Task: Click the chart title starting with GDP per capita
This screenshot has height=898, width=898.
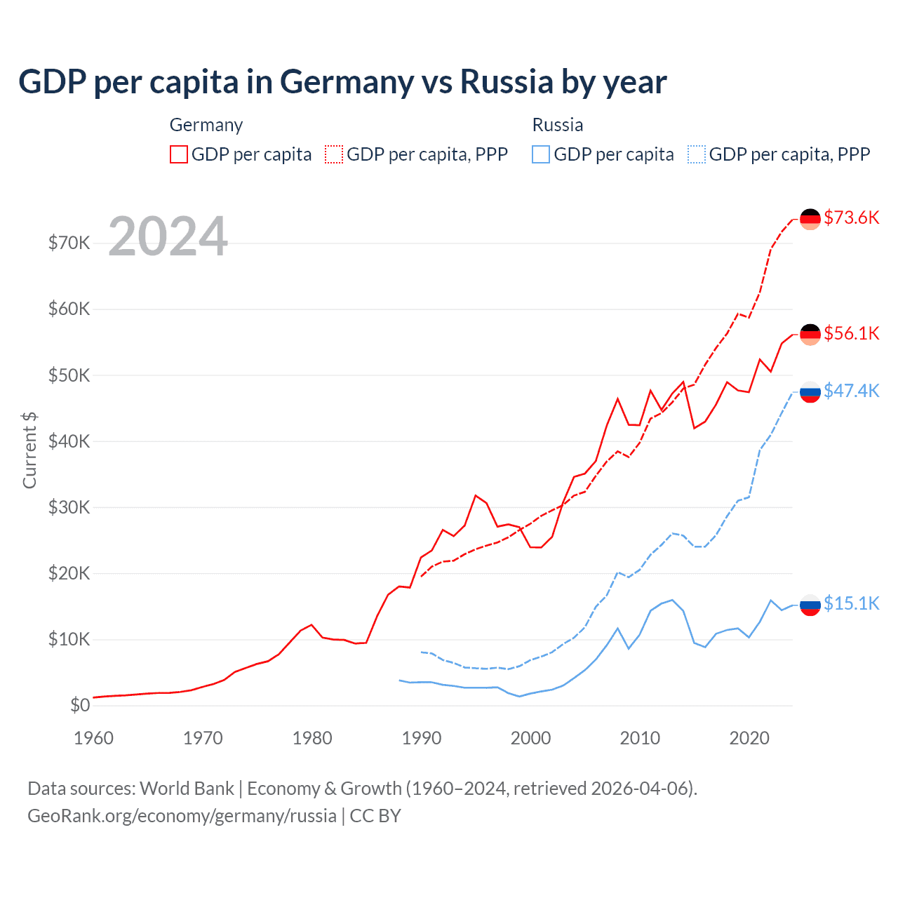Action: pos(342,82)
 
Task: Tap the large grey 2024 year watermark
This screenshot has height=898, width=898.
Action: pos(168,236)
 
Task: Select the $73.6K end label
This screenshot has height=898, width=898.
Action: pos(851,217)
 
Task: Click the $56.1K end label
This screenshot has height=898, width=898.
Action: pos(851,333)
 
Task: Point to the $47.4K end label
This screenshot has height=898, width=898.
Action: pos(851,391)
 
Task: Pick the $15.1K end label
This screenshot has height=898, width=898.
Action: pos(851,603)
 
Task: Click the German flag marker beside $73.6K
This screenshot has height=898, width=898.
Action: pos(810,219)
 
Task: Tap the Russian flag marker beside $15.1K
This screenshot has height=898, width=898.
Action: pos(810,605)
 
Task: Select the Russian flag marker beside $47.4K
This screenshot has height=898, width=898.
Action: pos(810,392)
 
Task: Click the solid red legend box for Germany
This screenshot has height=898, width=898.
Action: pos(179,154)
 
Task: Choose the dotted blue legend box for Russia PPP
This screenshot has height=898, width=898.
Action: pos(697,154)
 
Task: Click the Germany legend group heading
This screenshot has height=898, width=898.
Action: pos(206,125)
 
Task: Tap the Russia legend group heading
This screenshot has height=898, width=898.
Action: pos(558,125)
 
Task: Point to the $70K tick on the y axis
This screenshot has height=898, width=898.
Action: pos(69,243)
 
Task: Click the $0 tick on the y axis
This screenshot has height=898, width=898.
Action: pos(80,705)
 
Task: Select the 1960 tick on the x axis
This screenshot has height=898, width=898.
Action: pos(93,738)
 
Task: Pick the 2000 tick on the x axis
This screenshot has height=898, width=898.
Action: pos(530,738)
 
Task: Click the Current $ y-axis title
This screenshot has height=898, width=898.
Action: pos(29,450)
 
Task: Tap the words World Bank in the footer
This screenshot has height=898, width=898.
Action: pos(187,789)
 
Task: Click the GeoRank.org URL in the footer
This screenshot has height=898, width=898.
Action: pos(182,816)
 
